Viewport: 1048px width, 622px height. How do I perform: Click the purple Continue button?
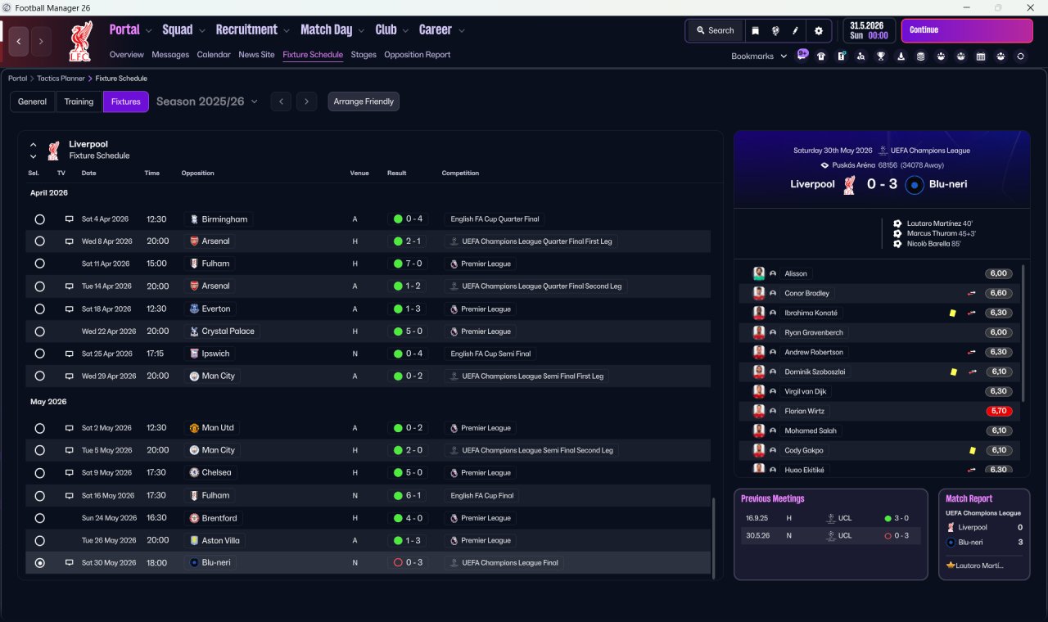tap(966, 30)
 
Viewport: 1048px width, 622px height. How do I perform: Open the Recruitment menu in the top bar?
tap(252, 30)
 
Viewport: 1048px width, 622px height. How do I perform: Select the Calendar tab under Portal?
tap(214, 55)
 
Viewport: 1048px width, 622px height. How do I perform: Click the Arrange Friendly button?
tap(364, 101)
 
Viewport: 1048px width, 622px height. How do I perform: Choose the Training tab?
tap(79, 101)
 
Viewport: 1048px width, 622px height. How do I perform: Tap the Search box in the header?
tap(715, 30)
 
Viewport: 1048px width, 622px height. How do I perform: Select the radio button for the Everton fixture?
tap(39, 309)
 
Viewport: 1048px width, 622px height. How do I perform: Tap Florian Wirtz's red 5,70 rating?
tap(999, 411)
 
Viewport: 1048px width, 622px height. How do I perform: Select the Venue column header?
tap(359, 174)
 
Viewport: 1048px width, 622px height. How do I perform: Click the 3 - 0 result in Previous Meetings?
tap(901, 518)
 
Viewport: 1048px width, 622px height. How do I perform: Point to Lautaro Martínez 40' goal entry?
tap(939, 223)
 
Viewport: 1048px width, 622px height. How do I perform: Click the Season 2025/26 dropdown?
tap(206, 101)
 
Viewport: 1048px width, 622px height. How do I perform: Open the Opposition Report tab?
tap(417, 55)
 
